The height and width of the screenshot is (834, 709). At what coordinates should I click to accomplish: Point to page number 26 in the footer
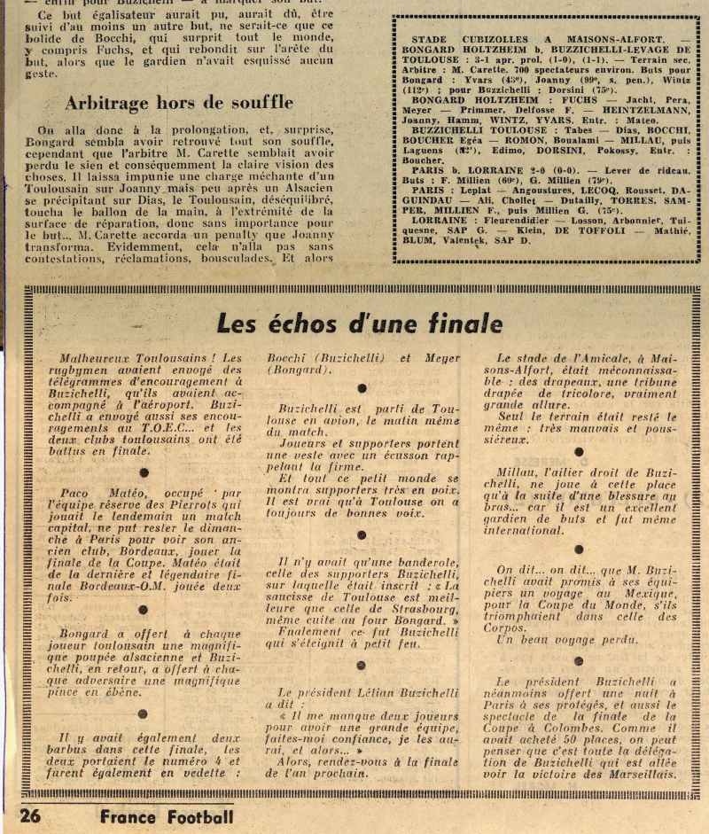pyautogui.click(x=30, y=816)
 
